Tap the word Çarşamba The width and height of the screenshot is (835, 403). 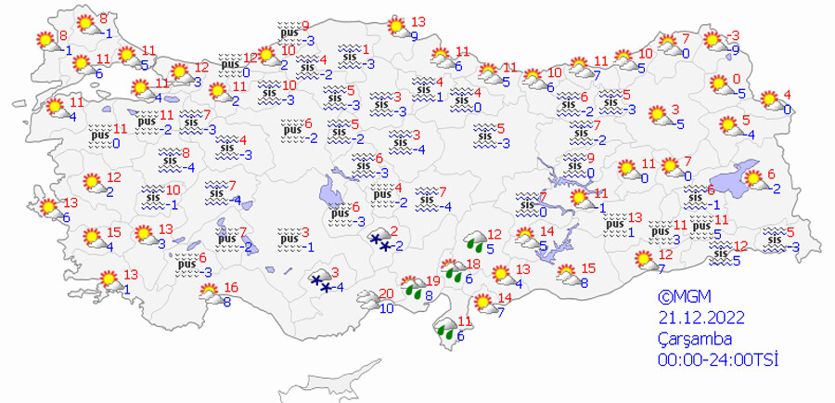tap(689, 338)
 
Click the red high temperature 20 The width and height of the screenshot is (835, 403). tap(387, 294)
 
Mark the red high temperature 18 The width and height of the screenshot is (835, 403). tap(472, 265)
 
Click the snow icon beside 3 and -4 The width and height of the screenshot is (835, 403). tap(321, 282)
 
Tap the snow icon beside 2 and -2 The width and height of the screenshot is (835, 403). tap(379, 241)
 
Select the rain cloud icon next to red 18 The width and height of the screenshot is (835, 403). tap(453, 271)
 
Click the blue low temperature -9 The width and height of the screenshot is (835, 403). tap(735, 49)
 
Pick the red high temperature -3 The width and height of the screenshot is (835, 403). tap(733, 34)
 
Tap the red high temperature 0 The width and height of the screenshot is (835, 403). tap(736, 78)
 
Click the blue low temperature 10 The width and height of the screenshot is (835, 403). tap(387, 309)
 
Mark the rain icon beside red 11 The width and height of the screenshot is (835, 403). tap(445, 329)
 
